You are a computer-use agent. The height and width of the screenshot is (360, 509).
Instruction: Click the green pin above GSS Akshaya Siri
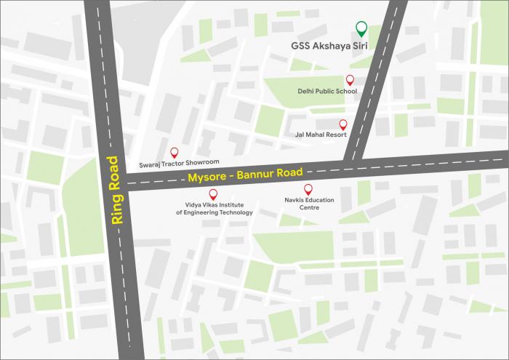point(361,29)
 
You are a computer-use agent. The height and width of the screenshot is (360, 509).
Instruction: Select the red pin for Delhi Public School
point(350,79)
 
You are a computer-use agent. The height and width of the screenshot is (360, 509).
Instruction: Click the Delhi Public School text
point(327,92)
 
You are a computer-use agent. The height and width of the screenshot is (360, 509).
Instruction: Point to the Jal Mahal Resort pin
point(343,124)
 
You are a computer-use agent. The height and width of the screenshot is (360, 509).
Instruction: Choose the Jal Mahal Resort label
point(320,135)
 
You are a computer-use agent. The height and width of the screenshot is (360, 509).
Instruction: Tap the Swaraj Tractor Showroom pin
point(174,152)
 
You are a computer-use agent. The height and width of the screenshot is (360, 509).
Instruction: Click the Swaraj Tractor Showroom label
point(179,164)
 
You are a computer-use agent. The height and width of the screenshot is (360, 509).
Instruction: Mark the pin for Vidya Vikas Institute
point(213,193)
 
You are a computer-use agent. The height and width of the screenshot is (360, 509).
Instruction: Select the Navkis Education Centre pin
point(308,188)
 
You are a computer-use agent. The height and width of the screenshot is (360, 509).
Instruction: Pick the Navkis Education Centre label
point(309,202)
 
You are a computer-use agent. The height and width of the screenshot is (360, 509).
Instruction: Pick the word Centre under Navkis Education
point(309,207)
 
